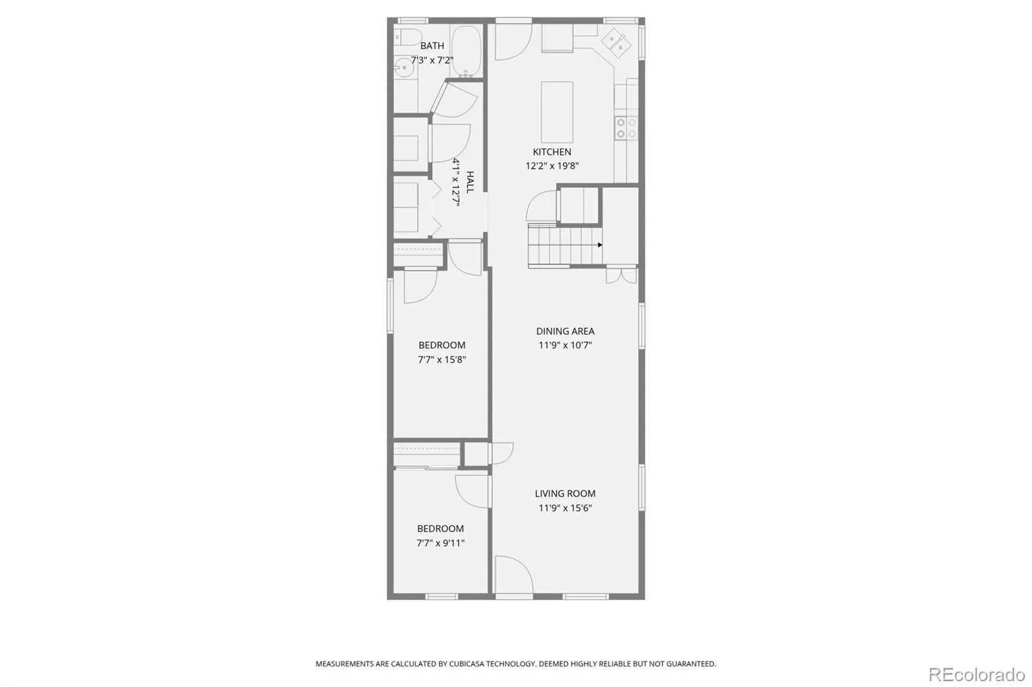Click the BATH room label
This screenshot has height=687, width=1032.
tap(432, 46)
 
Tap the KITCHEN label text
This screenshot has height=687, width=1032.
tap(552, 151)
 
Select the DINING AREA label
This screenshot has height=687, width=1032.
tap(565, 331)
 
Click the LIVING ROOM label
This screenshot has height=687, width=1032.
tap(565, 493)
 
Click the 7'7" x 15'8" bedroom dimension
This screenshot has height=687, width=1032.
tap(442, 359)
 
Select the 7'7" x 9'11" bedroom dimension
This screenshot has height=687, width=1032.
tap(441, 543)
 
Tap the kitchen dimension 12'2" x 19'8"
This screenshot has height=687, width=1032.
tap(552, 166)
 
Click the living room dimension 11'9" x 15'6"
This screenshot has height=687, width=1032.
tap(565, 507)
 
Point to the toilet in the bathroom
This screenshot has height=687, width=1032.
tap(408, 37)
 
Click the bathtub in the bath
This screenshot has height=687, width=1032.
tap(466, 51)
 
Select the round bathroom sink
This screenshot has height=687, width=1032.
tap(404, 68)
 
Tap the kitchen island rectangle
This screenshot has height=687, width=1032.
tap(557, 112)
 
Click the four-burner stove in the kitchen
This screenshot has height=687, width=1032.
tap(626, 128)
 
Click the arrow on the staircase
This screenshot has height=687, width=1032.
tap(600, 245)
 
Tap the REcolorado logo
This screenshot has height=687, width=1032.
tap(977, 675)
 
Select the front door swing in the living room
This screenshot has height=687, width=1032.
tap(513, 574)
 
